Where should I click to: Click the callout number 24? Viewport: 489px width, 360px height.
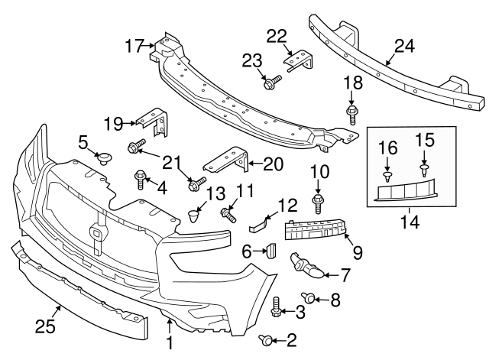403,45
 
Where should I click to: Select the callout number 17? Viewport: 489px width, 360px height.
134,47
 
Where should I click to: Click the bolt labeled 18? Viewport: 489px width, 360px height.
352,115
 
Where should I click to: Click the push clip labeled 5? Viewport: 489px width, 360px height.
105,159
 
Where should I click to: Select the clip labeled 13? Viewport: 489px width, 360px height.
195,216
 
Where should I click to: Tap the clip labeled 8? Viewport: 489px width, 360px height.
309,297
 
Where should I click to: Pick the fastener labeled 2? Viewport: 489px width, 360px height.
265,339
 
